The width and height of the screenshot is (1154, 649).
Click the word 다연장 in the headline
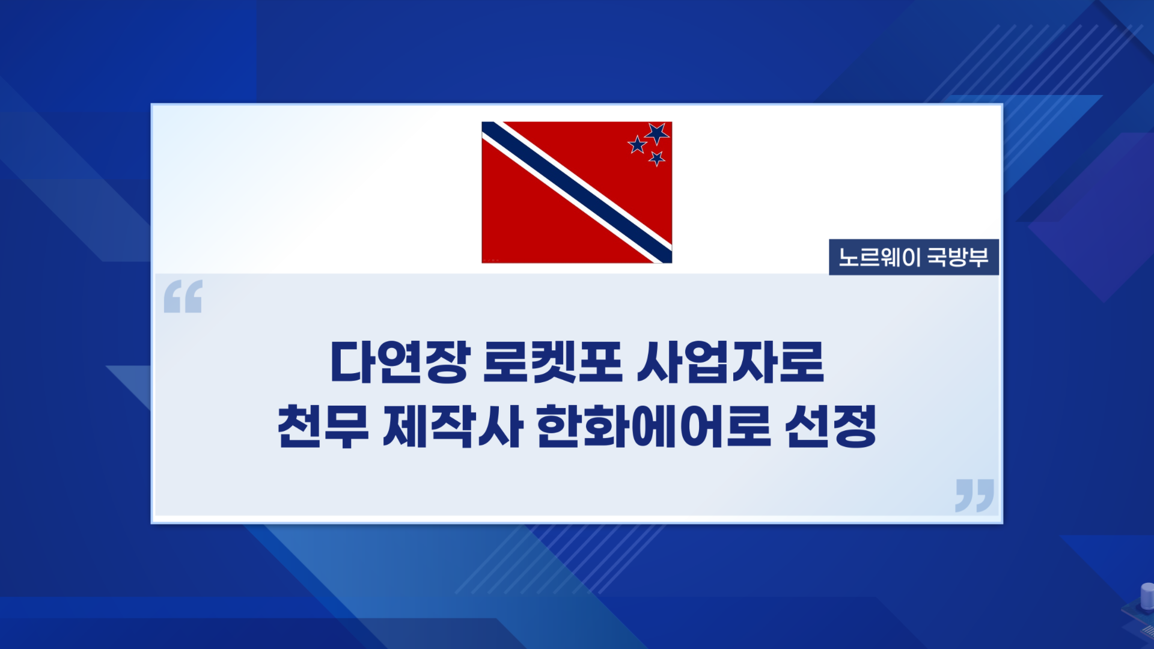pos(400,362)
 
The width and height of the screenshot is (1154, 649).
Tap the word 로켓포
pos(552,362)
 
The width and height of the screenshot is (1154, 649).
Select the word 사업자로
pos(730,362)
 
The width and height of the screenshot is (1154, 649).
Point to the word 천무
pos(323,426)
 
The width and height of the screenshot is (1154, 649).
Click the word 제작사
pos(452,426)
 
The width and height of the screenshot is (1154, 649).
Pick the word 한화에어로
pos(653,426)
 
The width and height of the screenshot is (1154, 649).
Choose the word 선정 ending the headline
pos(831,426)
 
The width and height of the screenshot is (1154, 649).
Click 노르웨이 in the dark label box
pos(879,257)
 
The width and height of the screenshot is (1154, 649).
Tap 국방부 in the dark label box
pos(958,257)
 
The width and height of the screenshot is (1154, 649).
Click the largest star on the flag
pos(657,133)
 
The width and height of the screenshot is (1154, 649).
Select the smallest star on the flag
pos(657,158)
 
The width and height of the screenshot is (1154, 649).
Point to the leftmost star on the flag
pos(637,144)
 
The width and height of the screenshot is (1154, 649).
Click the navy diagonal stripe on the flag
pos(577,192)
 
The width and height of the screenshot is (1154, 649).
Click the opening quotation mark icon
pos(183,296)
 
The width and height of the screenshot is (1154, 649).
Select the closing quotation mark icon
pos(974,495)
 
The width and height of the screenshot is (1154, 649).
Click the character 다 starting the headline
pos(353,362)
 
